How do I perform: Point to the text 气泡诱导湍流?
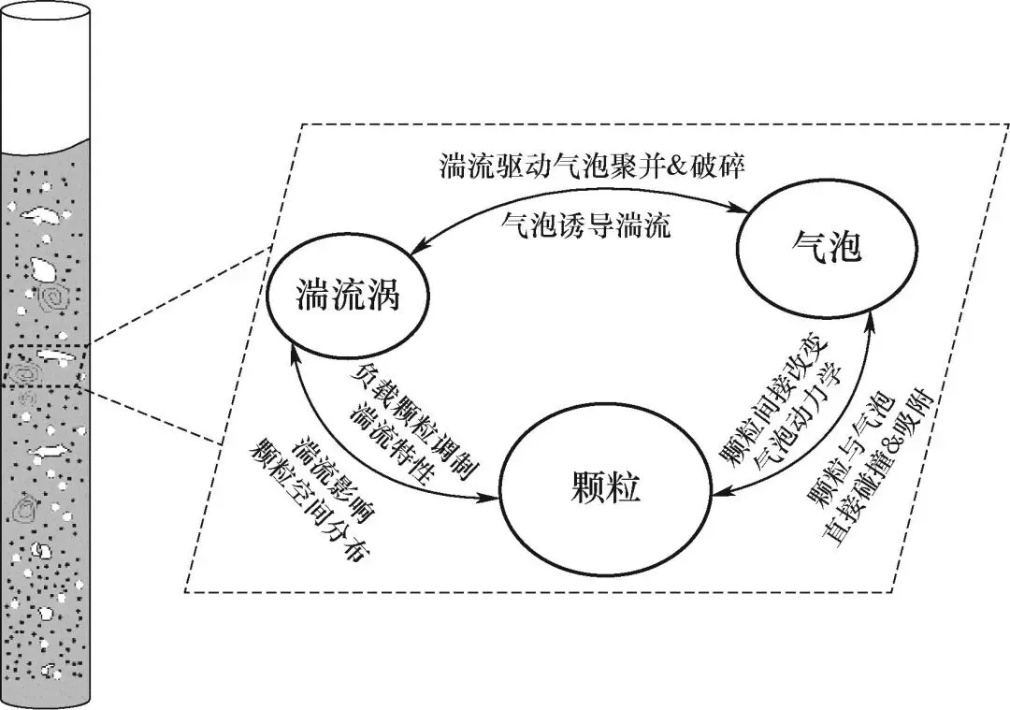586,225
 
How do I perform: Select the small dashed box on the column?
45,366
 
